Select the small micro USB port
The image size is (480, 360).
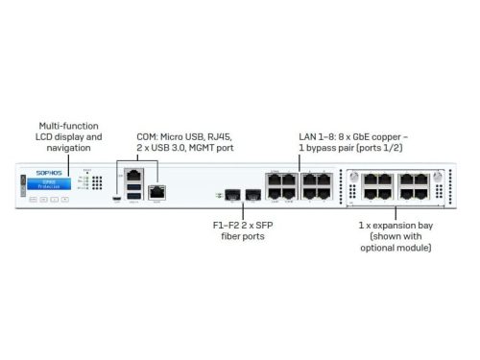[116, 200]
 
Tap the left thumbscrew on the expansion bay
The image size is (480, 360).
[351, 177]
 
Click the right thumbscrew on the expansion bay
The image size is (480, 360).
[439, 177]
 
